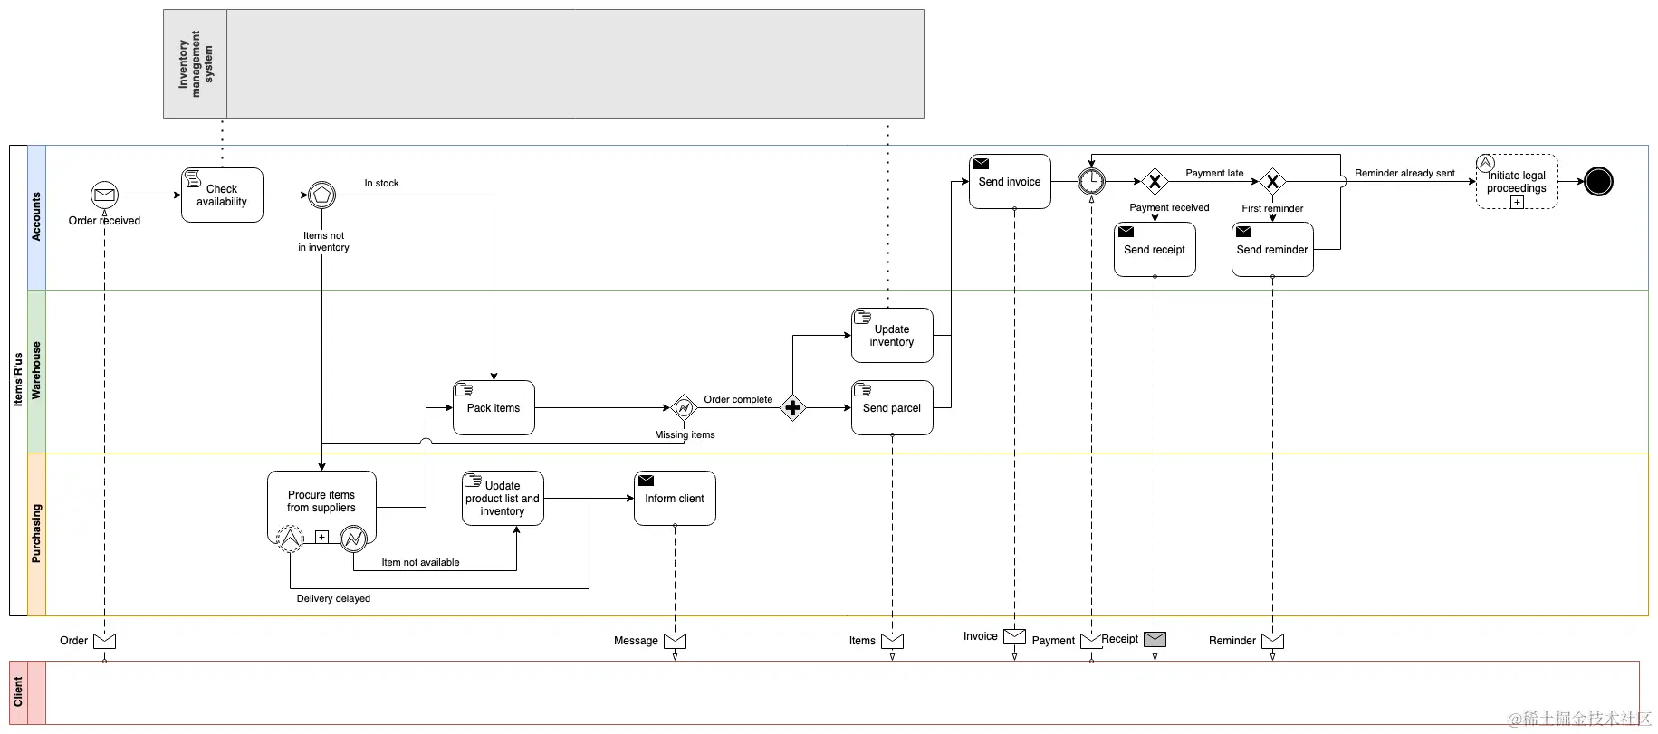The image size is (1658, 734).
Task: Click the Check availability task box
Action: point(222,195)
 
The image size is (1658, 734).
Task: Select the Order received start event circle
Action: point(104,195)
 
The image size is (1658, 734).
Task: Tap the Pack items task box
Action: point(494,407)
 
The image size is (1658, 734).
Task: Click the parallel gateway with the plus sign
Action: point(792,408)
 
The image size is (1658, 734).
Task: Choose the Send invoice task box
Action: point(1010,181)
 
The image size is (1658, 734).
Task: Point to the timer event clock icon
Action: point(1091,181)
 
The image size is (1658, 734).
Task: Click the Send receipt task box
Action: point(1155,249)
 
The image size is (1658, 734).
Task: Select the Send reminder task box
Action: point(1272,249)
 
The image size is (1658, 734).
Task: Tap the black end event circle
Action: point(1598,181)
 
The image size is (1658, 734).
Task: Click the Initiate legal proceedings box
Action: point(1517,181)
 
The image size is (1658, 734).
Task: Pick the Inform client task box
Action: point(675,498)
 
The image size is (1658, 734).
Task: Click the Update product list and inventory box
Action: point(503,498)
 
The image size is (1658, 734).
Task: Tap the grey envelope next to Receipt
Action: point(1155,639)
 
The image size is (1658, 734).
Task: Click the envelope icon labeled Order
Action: point(105,641)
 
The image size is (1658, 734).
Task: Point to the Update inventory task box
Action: point(892,335)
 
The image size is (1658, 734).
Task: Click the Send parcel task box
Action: point(892,407)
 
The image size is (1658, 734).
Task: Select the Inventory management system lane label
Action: point(195,63)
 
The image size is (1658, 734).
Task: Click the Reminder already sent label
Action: point(1404,173)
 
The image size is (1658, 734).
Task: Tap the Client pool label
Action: point(18,692)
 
